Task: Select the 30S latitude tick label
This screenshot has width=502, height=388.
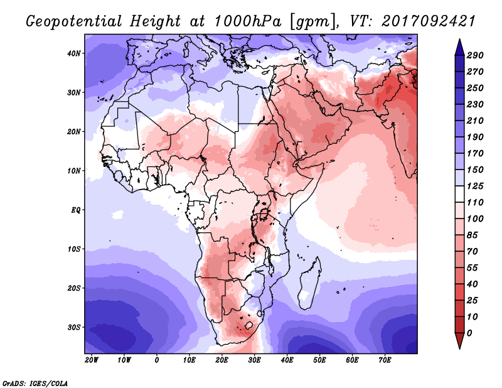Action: click(x=75, y=327)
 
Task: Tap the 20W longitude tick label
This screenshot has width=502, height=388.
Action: click(x=91, y=360)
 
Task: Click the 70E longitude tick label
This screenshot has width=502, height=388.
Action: click(x=385, y=360)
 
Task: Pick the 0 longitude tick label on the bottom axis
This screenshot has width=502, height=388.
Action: click(x=156, y=360)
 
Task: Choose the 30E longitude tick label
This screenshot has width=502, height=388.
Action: click(x=254, y=360)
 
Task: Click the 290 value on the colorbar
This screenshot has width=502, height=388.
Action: click(x=476, y=56)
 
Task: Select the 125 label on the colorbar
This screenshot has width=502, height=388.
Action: click(x=476, y=186)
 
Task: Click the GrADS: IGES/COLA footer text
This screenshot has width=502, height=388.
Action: click(x=36, y=383)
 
